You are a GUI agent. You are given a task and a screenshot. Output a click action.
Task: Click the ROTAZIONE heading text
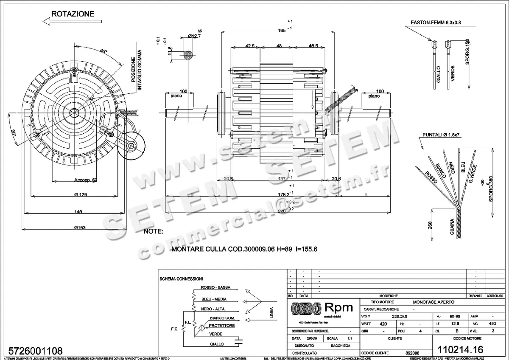[x=73, y=14]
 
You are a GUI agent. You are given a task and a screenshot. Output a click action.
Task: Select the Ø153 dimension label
[x=80, y=228]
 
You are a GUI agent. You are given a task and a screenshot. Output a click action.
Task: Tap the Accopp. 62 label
[x=85, y=180]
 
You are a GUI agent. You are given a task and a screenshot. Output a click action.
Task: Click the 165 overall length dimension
[x=281, y=30]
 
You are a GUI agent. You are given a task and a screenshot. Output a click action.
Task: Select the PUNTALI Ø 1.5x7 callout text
[x=442, y=135]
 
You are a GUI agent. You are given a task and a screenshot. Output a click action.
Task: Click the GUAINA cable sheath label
[x=452, y=227]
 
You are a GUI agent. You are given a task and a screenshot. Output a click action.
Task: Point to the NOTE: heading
[x=154, y=232]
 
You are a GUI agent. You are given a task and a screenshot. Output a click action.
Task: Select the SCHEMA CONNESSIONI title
[x=181, y=279]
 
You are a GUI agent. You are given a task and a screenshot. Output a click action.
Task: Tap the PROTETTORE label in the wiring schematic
[x=221, y=326]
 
